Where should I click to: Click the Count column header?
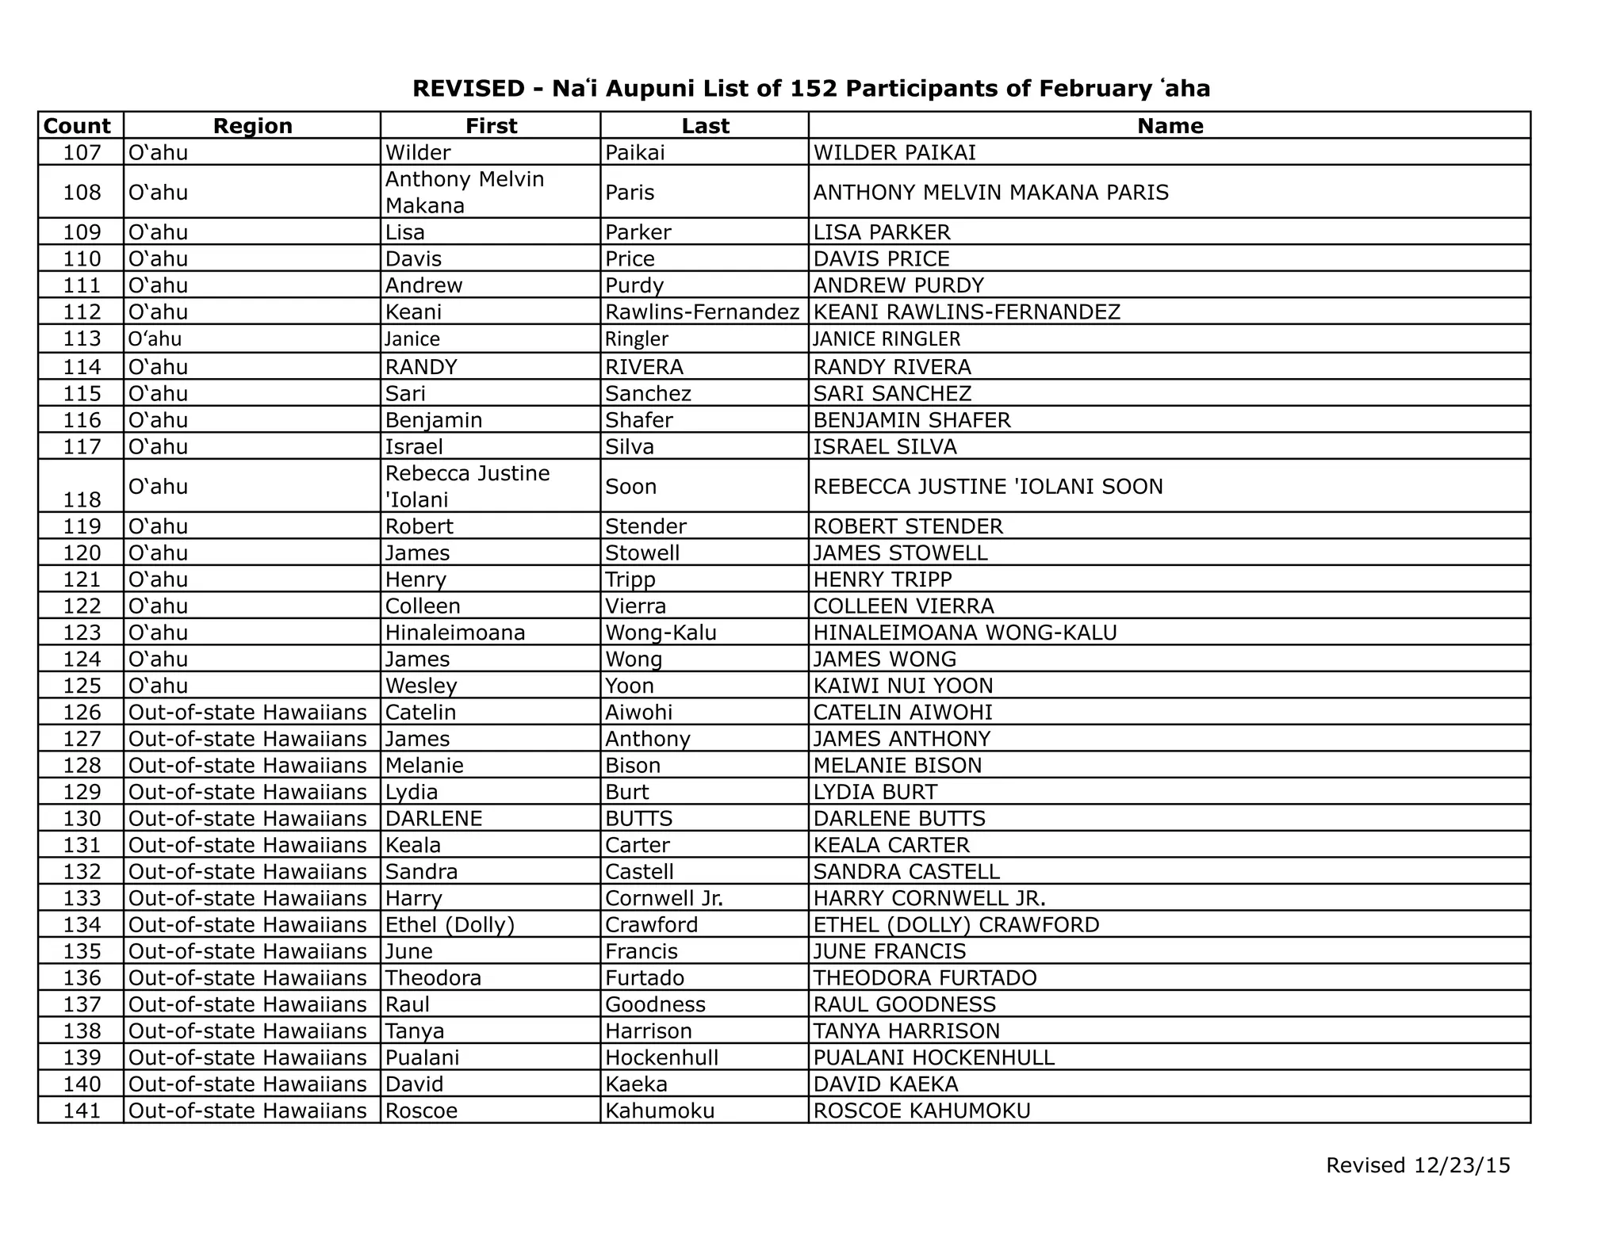coord(77,126)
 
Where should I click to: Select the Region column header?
coord(252,126)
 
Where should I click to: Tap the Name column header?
coord(1170,126)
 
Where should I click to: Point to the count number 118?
coord(82,499)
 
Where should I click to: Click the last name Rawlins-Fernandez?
coord(702,312)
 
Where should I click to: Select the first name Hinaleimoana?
coord(455,633)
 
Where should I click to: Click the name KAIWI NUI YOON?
coord(902,686)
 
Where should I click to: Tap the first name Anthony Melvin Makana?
coord(464,192)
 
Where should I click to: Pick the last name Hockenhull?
coord(661,1057)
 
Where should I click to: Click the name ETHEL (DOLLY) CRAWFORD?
coord(956,925)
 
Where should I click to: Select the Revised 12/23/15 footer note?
coord(1418,1165)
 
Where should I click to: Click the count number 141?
coord(82,1111)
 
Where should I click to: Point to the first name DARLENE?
coord(434,819)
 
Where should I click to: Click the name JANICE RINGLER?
coord(887,339)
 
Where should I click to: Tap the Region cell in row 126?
coord(247,713)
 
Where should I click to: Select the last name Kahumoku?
coord(660,1111)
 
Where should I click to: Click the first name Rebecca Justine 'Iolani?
coord(467,486)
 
